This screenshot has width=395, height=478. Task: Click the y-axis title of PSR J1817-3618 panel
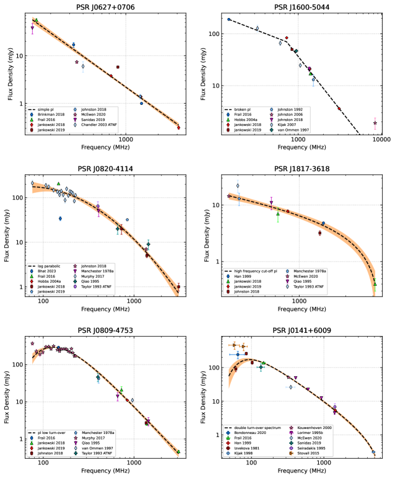click(x=206, y=235)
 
